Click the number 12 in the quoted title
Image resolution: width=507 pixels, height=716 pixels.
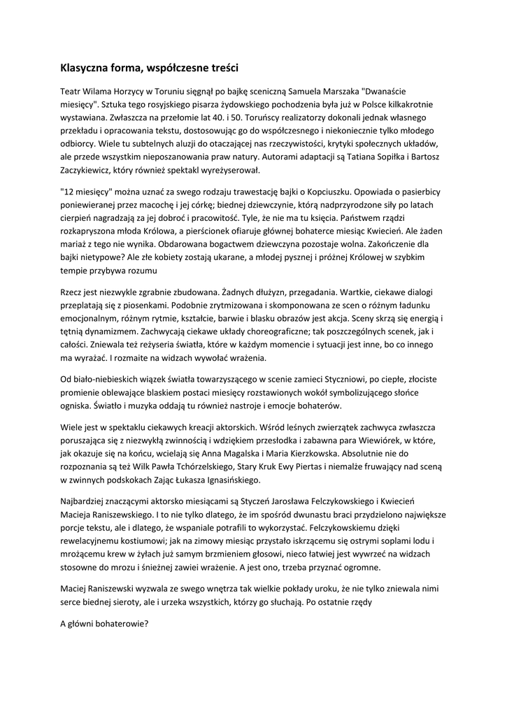(69, 191)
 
